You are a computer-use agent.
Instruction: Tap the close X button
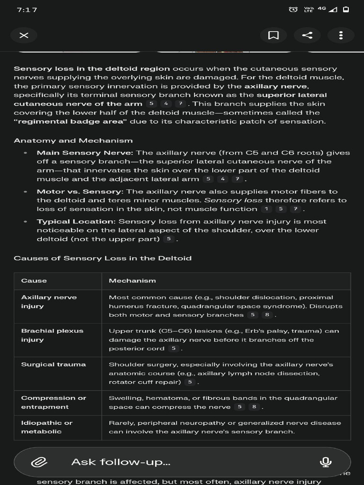tap(24, 36)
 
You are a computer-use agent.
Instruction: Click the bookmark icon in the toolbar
tap(273, 36)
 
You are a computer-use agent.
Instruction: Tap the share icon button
tap(307, 36)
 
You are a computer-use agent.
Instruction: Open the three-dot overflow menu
tap(341, 36)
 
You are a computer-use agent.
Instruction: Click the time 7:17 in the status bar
tap(27, 10)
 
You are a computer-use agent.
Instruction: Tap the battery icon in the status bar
tap(346, 10)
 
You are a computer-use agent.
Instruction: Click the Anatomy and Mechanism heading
tap(73, 141)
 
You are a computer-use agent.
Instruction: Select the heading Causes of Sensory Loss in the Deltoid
tap(102, 258)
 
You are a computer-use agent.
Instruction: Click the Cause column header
tap(34, 281)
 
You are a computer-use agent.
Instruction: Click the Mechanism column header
tap(132, 281)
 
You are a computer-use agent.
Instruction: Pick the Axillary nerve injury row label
tap(49, 302)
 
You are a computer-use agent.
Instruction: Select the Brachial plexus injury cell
tap(52, 335)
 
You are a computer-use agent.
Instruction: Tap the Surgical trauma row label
tap(54, 365)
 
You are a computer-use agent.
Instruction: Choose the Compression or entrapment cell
tap(54, 403)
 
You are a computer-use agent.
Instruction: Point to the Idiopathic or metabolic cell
tap(47, 427)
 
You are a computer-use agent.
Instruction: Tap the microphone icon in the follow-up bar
tap(325, 462)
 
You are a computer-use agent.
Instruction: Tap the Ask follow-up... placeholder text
tap(121, 462)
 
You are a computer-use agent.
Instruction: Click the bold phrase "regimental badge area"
tap(71, 122)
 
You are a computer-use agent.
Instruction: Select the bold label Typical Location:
tap(76, 222)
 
